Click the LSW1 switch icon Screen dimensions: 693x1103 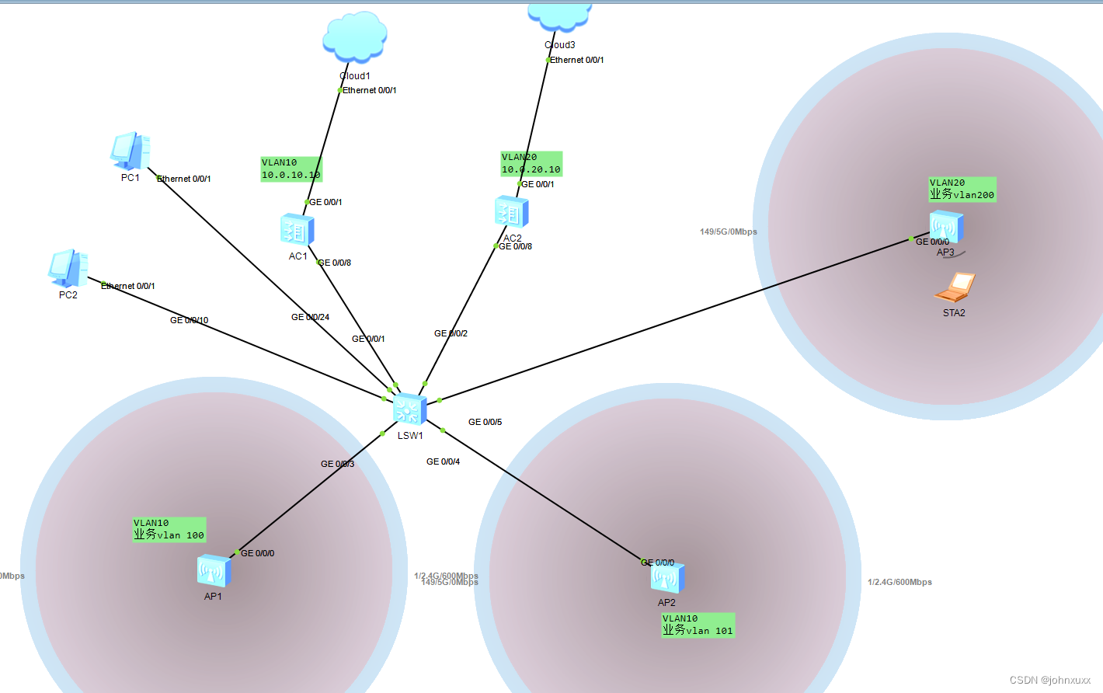point(409,409)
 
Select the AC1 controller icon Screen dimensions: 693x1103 point(297,230)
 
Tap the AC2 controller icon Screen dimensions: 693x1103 point(511,213)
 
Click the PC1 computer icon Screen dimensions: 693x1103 point(130,151)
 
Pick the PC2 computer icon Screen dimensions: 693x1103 point(68,269)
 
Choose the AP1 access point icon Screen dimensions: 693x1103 point(214,572)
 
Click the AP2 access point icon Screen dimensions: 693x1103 point(667,578)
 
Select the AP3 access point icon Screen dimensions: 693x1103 point(946,228)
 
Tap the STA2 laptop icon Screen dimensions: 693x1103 point(955,288)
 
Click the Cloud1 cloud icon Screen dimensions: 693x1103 point(355,37)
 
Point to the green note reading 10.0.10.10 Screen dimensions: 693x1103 point(291,169)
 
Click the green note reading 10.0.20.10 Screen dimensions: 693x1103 point(531,164)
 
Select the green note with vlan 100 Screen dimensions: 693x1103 point(169,530)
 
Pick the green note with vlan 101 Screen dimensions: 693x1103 point(698,625)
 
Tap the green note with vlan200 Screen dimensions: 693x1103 point(962,190)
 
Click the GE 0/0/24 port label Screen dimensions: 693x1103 point(310,317)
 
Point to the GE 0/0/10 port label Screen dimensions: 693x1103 point(189,320)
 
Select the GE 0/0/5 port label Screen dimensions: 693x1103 point(485,422)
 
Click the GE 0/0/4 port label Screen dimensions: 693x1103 point(443,461)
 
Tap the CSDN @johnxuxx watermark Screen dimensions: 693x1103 point(1050,680)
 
